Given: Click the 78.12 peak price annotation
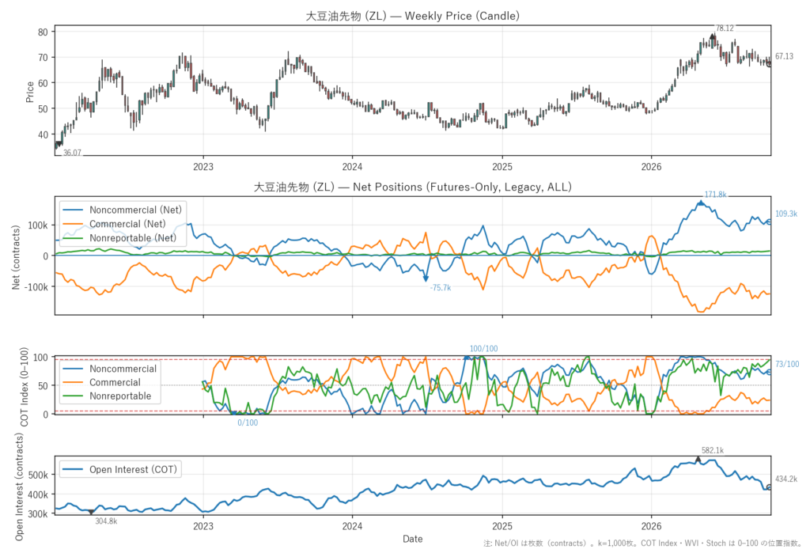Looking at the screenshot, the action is pyautogui.click(x=725, y=28).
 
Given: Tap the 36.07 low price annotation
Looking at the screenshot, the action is pyautogui.click(x=72, y=153).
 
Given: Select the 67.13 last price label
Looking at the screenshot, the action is pyautogui.click(x=784, y=56).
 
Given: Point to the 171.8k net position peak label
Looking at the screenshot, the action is pyautogui.click(x=715, y=195).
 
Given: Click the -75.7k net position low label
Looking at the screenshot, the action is pyautogui.click(x=441, y=288).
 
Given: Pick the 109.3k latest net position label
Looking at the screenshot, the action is pyautogui.click(x=786, y=214).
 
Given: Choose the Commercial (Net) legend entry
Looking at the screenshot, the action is pyautogui.click(x=127, y=224).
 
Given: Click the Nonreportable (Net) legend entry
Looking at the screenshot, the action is pyautogui.click(x=133, y=238).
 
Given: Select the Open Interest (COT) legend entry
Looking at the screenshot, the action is pyautogui.click(x=133, y=469).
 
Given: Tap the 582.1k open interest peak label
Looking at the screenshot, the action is pyautogui.click(x=713, y=451).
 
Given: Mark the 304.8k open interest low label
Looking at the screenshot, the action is pyautogui.click(x=107, y=521).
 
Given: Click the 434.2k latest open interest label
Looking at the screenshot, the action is pyautogui.click(x=786, y=479).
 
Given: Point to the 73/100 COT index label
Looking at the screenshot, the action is pyautogui.click(x=787, y=365).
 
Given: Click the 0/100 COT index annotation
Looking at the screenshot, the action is pyautogui.click(x=248, y=422).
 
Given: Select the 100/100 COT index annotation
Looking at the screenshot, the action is pyautogui.click(x=483, y=349).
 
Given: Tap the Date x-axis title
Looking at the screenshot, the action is pyautogui.click(x=413, y=539).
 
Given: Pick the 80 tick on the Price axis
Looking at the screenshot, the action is pyautogui.click(x=43, y=32).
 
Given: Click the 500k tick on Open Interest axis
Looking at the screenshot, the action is pyautogui.click(x=38, y=475).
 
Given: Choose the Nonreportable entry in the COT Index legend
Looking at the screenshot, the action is pyautogui.click(x=120, y=396).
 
